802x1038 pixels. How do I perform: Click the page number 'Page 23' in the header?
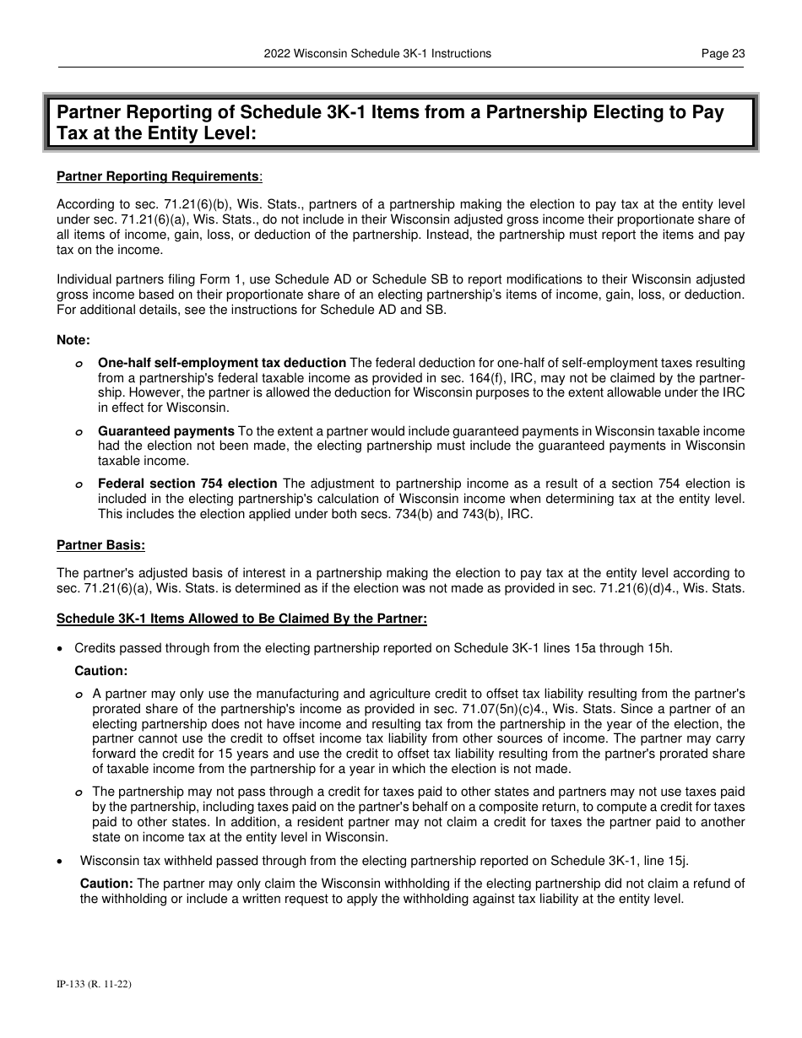(x=723, y=53)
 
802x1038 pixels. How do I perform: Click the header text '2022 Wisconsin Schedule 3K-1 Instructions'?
(x=377, y=53)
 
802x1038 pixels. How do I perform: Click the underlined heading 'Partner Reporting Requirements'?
(x=158, y=176)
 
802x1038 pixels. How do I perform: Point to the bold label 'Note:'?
(x=73, y=339)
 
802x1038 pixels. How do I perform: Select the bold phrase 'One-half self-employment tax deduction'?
(x=221, y=363)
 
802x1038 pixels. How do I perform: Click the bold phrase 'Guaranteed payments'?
(x=165, y=431)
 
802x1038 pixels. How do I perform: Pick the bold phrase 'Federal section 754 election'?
(x=187, y=484)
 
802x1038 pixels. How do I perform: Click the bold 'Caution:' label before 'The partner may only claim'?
(x=106, y=883)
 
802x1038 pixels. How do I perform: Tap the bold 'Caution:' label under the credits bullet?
(x=100, y=671)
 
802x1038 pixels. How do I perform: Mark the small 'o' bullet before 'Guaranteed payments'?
(x=78, y=432)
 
